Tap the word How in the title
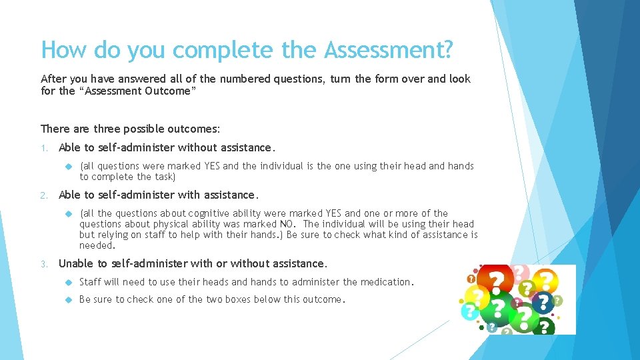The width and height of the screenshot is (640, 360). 64,49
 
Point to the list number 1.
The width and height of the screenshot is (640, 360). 43,148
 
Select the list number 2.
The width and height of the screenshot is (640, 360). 43,195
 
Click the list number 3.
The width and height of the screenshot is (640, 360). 43,264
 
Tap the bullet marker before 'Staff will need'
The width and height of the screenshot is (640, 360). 69,282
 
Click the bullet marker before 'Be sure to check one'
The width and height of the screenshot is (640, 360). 69,299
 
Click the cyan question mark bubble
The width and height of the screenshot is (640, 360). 471,311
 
